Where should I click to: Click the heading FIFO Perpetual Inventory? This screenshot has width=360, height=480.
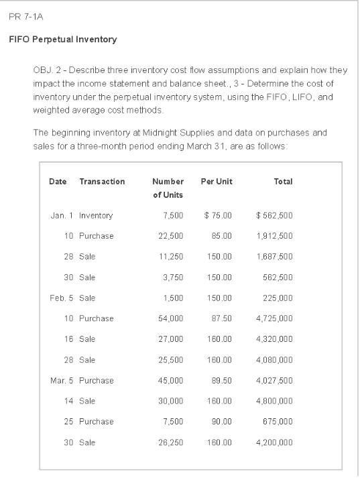[63, 40]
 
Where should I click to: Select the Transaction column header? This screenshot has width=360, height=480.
[102, 182]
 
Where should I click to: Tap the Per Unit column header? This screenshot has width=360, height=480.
[217, 182]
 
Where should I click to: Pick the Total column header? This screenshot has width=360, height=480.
[283, 182]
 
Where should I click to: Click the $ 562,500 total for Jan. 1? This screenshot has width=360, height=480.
[274, 216]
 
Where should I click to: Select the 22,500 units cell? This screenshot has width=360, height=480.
[170, 236]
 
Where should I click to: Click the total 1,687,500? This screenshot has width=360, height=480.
[274, 257]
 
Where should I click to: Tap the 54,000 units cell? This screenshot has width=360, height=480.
[170, 318]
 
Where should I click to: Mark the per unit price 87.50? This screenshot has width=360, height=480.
[222, 318]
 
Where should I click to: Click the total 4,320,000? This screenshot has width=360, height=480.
[274, 339]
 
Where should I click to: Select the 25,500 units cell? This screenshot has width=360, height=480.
[170, 360]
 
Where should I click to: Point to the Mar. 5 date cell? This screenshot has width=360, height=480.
[62, 381]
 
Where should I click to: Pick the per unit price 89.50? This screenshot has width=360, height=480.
[222, 381]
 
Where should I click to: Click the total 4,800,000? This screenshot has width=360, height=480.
[274, 401]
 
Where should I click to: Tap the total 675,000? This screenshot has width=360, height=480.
[278, 422]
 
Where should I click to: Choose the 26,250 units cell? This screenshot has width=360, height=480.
[170, 442]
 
